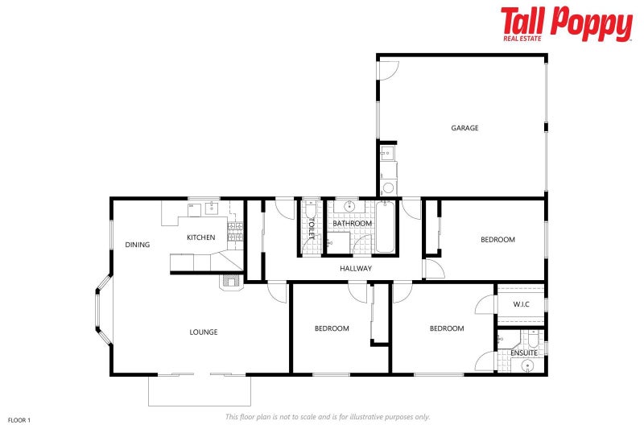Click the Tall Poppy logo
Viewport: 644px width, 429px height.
point(566,23)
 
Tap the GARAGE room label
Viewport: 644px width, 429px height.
point(464,128)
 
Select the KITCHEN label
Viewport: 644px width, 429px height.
point(200,237)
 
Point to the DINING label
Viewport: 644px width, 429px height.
point(137,245)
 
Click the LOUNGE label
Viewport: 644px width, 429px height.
point(203,332)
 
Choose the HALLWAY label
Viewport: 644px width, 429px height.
point(355,268)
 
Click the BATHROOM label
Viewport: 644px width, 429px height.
point(352,223)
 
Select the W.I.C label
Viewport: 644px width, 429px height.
point(521,304)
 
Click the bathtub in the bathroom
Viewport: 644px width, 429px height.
point(386,228)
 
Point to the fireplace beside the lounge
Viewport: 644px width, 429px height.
point(229,281)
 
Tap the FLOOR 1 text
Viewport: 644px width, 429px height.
point(19,419)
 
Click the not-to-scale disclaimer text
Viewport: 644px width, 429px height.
point(327,417)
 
